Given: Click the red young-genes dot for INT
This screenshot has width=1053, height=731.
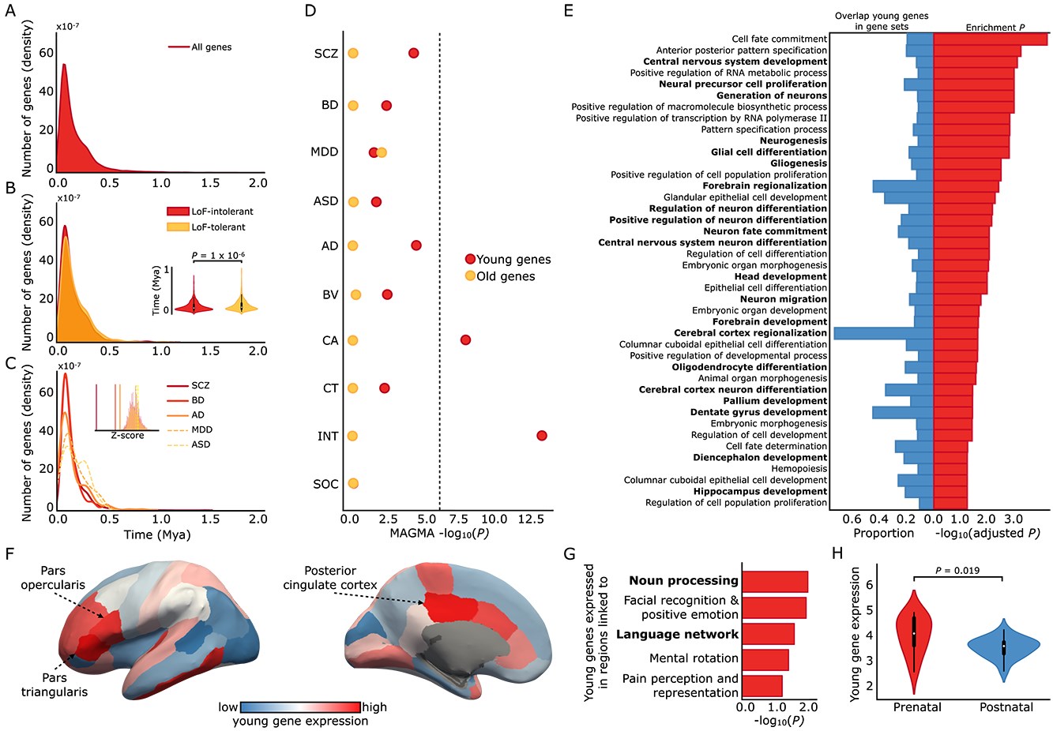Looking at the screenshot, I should coord(541,436).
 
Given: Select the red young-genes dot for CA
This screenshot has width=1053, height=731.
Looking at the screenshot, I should coord(465,340).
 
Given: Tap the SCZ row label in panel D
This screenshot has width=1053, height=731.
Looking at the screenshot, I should coord(325,54).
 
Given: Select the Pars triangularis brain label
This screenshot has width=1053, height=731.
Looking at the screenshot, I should coord(66,684).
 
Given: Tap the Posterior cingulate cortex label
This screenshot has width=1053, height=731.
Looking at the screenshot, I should coord(330,578).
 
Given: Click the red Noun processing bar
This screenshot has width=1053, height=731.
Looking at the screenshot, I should coord(775,581).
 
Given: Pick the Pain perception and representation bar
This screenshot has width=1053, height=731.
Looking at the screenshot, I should coord(762,685).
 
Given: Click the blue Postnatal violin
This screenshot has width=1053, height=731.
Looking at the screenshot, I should coord(1003,647).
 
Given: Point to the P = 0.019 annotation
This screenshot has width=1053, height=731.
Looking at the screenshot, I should coord(957,570).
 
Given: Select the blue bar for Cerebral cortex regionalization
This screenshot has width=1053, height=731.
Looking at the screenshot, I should coord(883,333).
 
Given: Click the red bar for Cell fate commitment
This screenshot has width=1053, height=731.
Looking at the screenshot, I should coord(991,39).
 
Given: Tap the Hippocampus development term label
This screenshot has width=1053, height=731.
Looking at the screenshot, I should coord(760,491).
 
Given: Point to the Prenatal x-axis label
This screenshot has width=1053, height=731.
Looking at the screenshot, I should coord(917,707).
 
